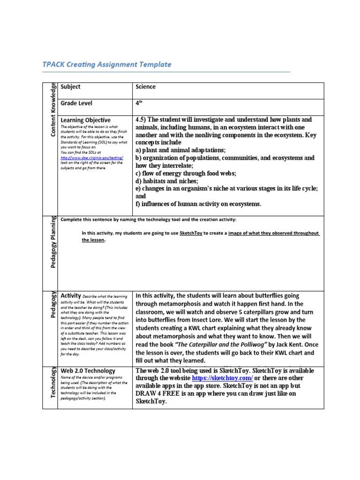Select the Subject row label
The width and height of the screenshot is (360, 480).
click(x=70, y=87)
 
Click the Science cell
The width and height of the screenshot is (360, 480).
click(x=145, y=87)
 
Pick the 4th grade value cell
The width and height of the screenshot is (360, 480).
click(x=139, y=103)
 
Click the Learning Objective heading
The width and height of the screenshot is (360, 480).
click(x=86, y=120)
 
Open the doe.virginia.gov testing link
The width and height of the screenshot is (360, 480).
click(x=92, y=158)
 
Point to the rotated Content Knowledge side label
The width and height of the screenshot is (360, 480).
click(x=53, y=110)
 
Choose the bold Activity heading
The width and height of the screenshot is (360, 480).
click(x=71, y=296)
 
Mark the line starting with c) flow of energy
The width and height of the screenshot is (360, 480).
click(x=186, y=173)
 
